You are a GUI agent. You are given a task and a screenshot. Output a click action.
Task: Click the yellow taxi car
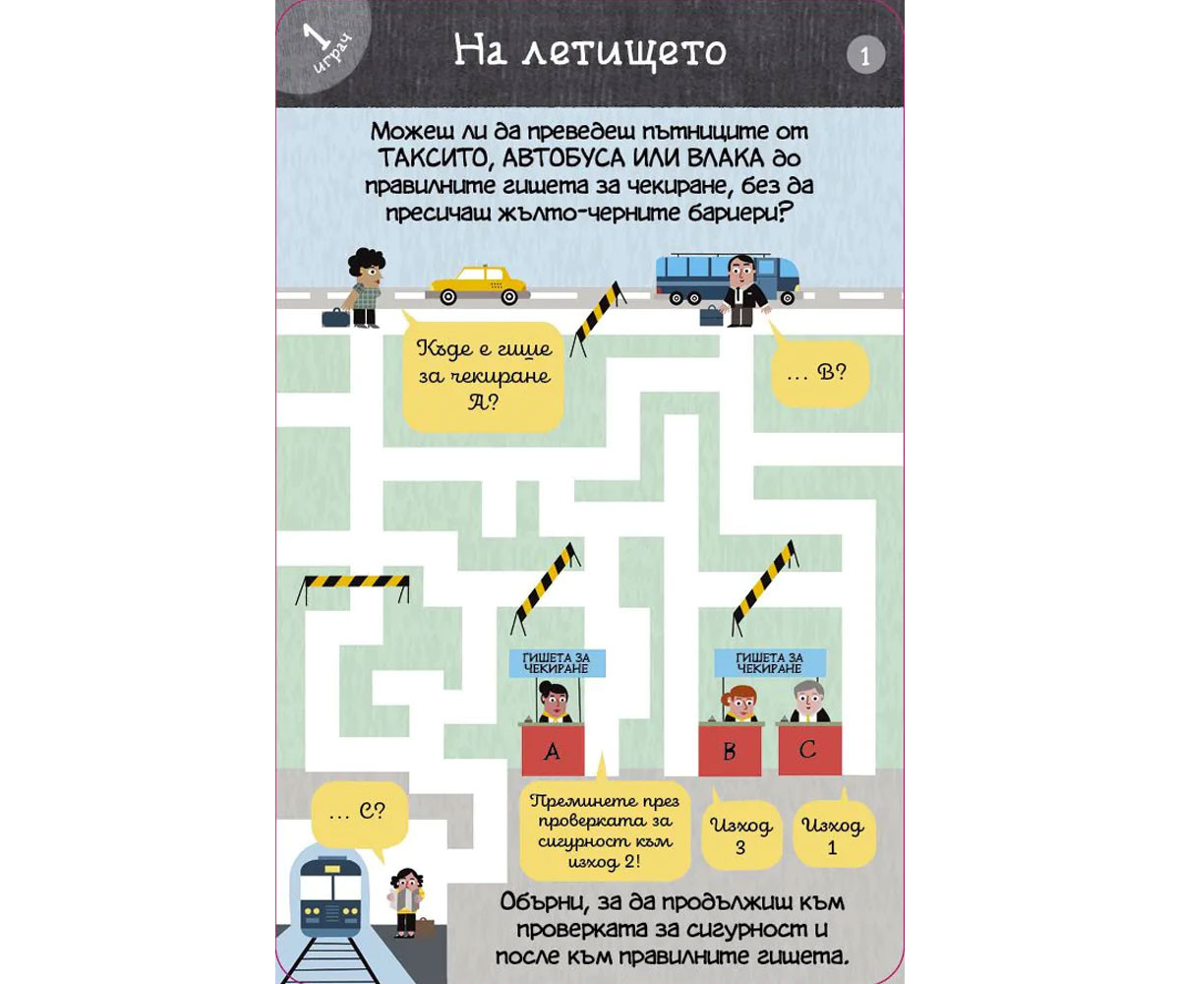(478, 286)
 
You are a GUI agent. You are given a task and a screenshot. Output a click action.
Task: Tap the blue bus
(728, 278)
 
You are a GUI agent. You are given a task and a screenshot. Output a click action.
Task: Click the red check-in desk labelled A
(553, 750)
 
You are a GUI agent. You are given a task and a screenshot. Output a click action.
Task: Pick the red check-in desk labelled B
(731, 750)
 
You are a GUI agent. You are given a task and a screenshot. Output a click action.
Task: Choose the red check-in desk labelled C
(810, 749)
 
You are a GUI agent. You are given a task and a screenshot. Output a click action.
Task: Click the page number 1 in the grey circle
(865, 55)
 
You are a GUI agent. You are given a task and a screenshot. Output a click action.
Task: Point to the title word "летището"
(623, 52)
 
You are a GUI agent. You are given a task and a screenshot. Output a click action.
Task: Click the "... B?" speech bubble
(818, 372)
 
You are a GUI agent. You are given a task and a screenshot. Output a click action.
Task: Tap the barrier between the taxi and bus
(597, 319)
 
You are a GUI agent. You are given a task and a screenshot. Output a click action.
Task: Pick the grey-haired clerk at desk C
(809, 702)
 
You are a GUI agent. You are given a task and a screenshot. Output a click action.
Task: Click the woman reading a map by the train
(406, 902)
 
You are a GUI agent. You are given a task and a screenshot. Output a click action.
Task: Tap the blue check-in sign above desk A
(558, 663)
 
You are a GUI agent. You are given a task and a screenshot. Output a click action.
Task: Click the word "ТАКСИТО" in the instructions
(433, 158)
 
